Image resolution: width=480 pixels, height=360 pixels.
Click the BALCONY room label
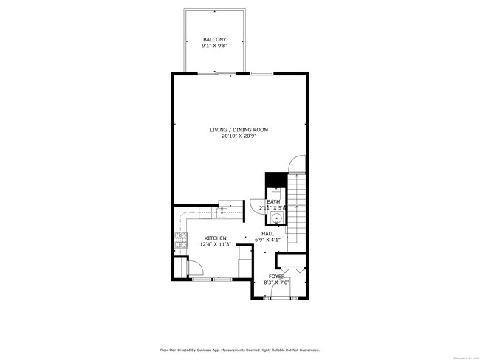click(215, 39)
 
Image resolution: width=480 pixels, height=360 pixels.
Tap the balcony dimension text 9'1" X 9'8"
click(215, 46)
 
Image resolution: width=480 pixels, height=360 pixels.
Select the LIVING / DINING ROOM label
click(239, 129)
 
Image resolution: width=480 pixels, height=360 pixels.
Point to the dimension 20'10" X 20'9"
click(239, 136)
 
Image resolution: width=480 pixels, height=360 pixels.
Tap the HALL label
click(267, 233)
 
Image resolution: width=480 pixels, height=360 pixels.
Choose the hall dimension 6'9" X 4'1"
click(267, 240)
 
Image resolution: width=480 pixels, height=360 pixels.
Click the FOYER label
click(275, 277)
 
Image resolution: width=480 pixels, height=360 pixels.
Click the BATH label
click(273, 202)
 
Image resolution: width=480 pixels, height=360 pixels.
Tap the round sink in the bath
click(275, 218)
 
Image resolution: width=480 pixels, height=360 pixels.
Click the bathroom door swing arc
click(255, 207)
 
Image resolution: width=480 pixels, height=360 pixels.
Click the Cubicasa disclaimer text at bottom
click(239, 350)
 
